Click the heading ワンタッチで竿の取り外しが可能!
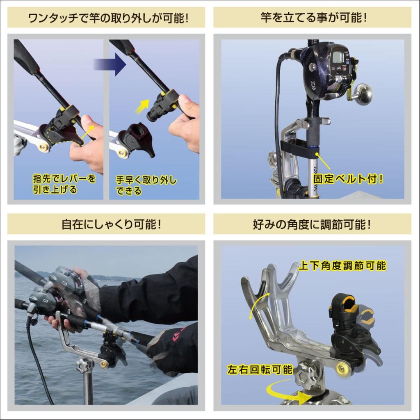[106, 18]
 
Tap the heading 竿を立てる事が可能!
[313, 18]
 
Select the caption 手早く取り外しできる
[146, 185]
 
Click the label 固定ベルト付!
[348, 179]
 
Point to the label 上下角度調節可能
[342, 266]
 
